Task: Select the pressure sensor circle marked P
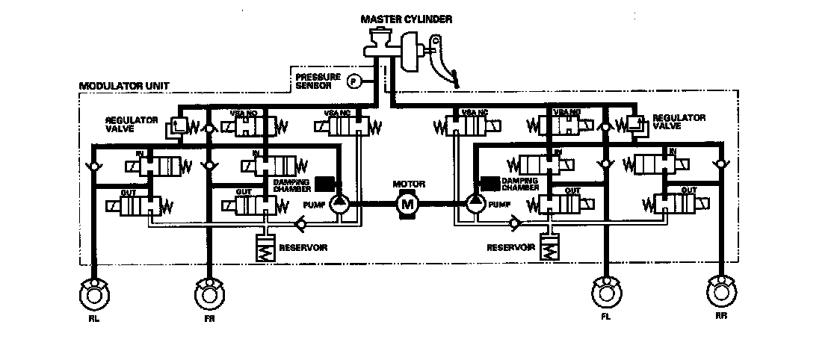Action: tap(356, 80)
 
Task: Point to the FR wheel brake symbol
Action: tap(209, 292)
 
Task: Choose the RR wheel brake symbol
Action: tap(721, 291)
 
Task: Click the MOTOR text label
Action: tap(407, 184)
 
